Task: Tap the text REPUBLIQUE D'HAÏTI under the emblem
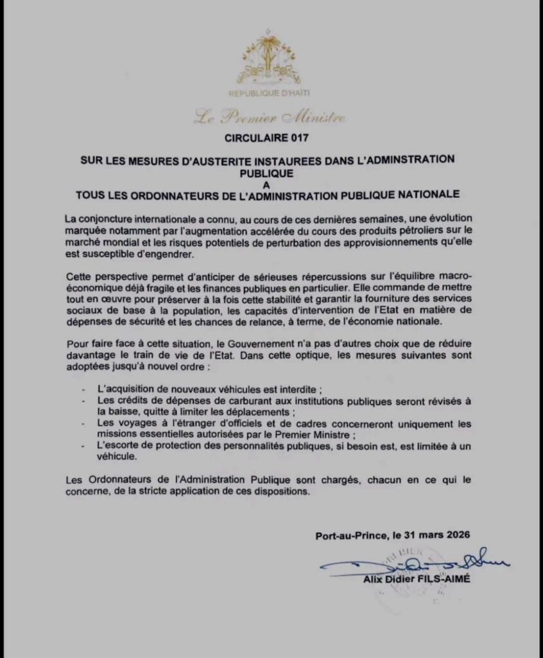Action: (269, 94)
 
